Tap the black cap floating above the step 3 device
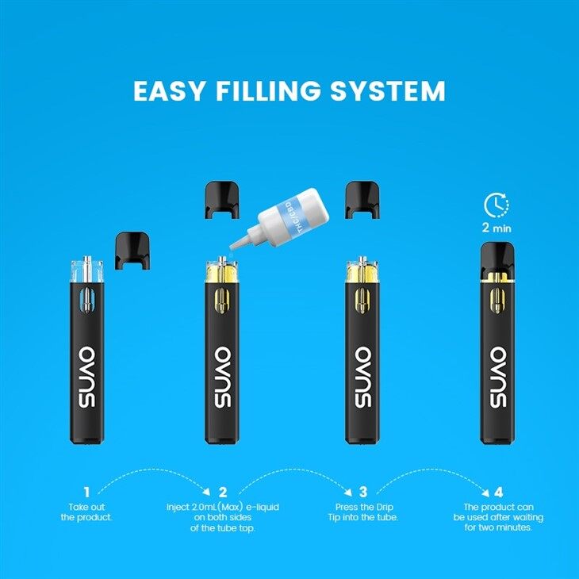(362, 200)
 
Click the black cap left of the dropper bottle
(221, 200)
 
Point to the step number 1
(86, 493)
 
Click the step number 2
(223, 493)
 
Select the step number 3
(362, 493)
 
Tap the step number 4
(498, 493)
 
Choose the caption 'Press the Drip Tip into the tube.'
(362, 512)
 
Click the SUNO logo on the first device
(86, 377)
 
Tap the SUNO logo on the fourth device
(498, 377)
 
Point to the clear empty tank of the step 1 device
(86, 270)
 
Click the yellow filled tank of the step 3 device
(362, 274)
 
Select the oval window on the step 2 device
(223, 302)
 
